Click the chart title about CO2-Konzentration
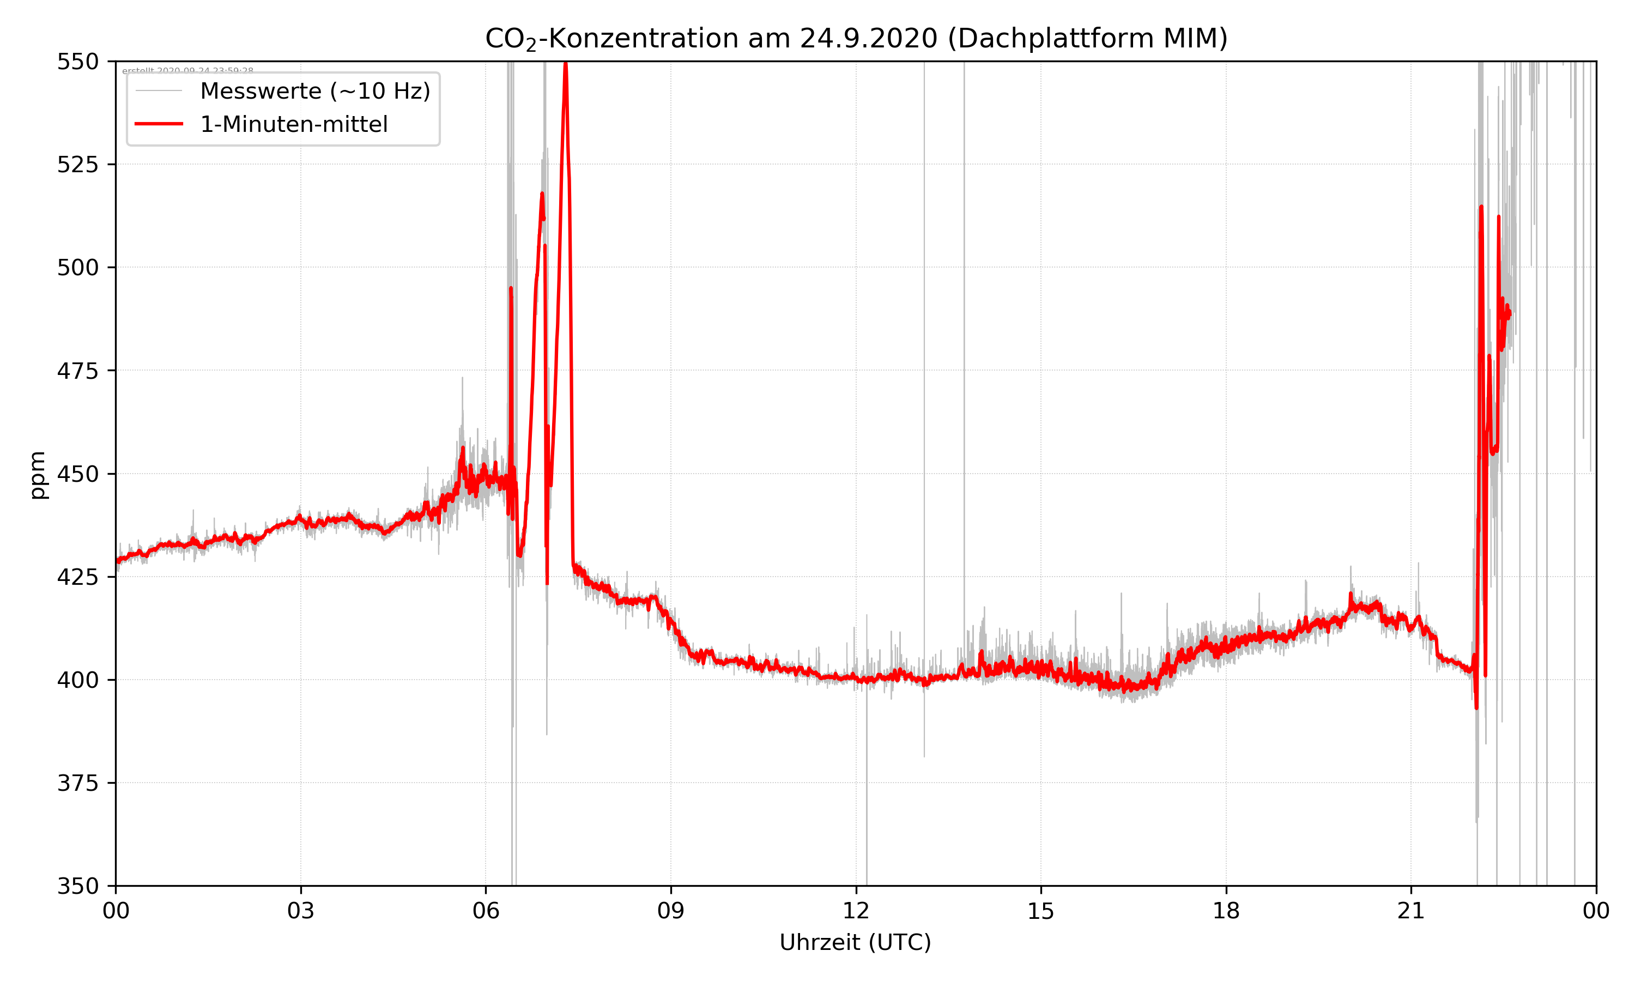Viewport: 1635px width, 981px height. coord(856,38)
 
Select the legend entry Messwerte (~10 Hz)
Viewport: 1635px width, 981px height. coord(314,91)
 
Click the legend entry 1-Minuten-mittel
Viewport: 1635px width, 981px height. coord(293,124)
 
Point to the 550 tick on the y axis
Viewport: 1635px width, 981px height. coord(77,62)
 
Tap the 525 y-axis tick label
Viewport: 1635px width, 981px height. coord(77,165)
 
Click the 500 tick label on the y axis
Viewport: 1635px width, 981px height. coord(77,268)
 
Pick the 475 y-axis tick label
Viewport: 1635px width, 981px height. coord(77,371)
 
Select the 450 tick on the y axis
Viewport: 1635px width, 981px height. coord(77,474)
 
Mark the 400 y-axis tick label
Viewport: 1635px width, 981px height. coord(77,680)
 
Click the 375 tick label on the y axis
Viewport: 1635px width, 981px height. coord(77,783)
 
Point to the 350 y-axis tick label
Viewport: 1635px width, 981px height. coord(77,887)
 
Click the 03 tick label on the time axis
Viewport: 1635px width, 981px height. coord(301,911)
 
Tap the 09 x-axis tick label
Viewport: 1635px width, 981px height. coord(671,911)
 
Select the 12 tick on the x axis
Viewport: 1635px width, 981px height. coord(856,911)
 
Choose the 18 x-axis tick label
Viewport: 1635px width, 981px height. coord(1226,911)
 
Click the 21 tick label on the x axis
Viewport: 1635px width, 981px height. coord(1411,911)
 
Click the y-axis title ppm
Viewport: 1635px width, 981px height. coord(38,474)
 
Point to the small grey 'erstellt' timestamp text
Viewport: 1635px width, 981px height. coord(187,71)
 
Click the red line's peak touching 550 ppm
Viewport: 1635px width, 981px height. coord(565,64)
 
